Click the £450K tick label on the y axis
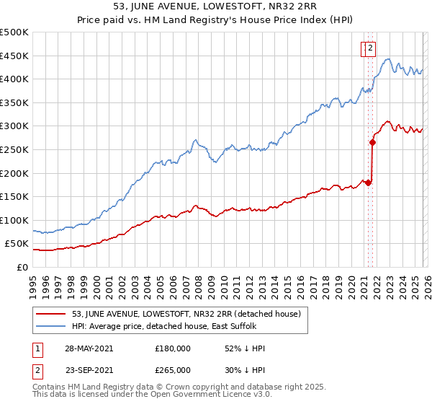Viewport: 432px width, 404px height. pos(14,56)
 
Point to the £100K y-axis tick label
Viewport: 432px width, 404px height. pos(14,220)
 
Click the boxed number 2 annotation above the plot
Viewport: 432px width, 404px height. pos(369,49)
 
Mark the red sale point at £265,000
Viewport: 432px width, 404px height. pos(373,143)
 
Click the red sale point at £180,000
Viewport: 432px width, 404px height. pos(369,183)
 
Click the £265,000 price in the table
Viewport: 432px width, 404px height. pos(173,369)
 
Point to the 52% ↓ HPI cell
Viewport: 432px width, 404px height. pos(245,348)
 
